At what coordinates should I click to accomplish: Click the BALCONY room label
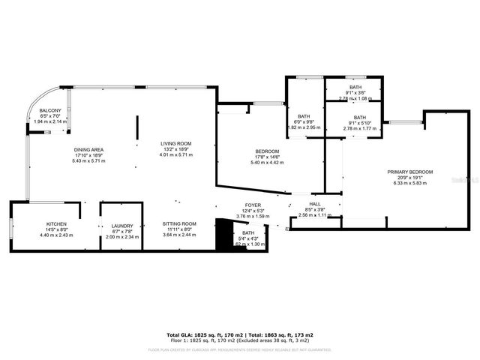(x=50, y=111)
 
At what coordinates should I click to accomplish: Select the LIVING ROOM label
(x=176, y=143)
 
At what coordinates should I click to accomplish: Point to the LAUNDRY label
(x=122, y=226)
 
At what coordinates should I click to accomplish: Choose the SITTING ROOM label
(x=179, y=223)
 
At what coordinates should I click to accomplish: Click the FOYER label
(x=253, y=205)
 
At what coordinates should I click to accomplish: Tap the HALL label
(x=315, y=203)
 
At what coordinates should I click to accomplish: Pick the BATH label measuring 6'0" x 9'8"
(x=304, y=116)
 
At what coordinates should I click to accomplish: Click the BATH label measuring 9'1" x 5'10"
(x=360, y=117)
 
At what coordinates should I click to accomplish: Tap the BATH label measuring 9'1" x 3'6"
(x=355, y=87)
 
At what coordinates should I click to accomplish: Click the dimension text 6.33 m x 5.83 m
(x=408, y=182)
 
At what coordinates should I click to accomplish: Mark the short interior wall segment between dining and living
(x=136, y=127)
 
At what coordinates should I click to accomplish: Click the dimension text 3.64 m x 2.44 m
(x=179, y=235)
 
